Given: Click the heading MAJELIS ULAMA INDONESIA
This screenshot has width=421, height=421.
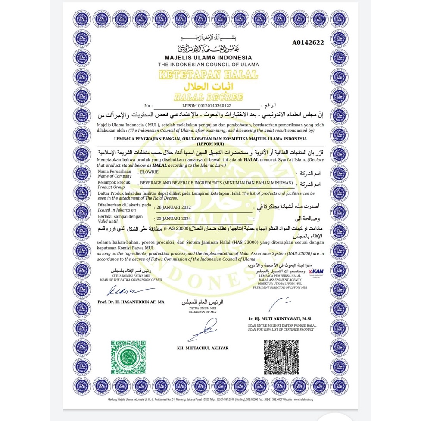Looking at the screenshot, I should click(x=208, y=58).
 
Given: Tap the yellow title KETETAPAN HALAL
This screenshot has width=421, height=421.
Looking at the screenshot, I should click(x=208, y=74).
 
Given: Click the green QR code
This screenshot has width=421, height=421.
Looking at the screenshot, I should click(x=127, y=356).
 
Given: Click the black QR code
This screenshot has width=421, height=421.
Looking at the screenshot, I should click(x=281, y=356).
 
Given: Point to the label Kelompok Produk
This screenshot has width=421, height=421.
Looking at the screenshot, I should click(x=114, y=182).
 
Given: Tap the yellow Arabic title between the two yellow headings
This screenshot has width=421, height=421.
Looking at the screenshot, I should click(x=208, y=85).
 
